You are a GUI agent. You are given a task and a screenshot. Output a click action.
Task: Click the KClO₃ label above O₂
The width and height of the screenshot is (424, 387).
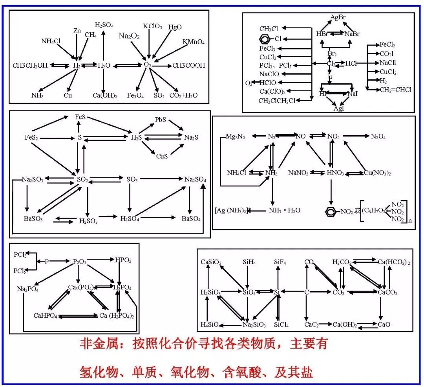pyautogui.click(x=152, y=26)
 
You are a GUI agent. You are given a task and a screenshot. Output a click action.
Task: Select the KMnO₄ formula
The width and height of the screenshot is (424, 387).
pyautogui.click(x=194, y=42)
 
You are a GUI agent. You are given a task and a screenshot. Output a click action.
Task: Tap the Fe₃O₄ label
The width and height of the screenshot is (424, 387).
pyautogui.click(x=137, y=95)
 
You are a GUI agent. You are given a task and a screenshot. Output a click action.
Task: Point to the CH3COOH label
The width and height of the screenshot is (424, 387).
pyautogui.click(x=189, y=65)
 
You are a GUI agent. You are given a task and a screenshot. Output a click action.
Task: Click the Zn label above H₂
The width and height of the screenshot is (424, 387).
pyautogui.click(x=77, y=31)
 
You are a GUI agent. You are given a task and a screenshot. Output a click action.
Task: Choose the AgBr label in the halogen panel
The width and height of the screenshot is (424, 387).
pyautogui.click(x=338, y=17)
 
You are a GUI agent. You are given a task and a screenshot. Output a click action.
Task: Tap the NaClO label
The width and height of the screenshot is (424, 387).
pyautogui.click(x=269, y=74)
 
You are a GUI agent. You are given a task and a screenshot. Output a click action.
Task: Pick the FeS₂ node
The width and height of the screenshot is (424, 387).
pyautogui.click(x=31, y=138)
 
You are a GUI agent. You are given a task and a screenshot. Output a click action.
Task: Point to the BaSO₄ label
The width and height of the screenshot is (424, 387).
pyautogui.click(x=191, y=219)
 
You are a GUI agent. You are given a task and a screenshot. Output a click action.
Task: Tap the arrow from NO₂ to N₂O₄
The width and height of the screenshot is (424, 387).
pyautogui.click(x=355, y=136)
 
